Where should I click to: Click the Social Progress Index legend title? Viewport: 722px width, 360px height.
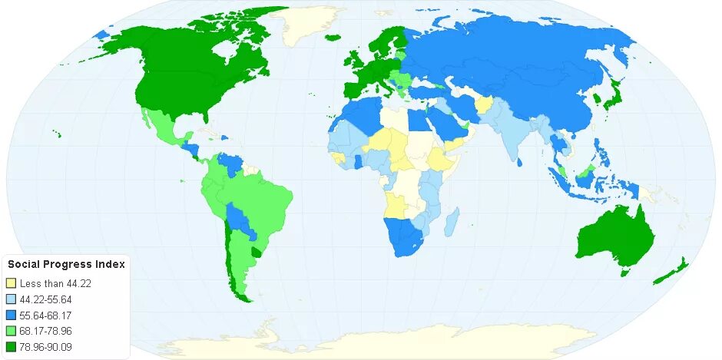click(x=66, y=264)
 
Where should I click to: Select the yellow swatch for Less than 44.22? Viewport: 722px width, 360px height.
click(x=12, y=283)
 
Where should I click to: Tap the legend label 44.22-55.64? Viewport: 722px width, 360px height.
click(x=46, y=299)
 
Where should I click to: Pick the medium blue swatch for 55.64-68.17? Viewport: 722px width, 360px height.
click(x=12, y=315)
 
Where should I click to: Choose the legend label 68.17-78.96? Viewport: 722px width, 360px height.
click(x=46, y=331)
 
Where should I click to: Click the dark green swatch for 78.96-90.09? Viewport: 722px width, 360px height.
click(x=12, y=346)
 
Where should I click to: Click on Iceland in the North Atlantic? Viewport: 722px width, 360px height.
click(x=333, y=37)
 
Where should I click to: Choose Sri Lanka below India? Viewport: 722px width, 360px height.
click(x=522, y=162)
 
